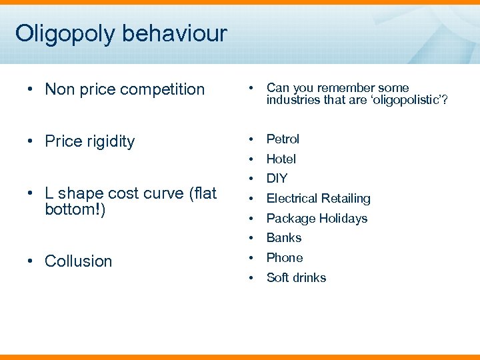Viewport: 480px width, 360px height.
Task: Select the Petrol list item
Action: (283, 139)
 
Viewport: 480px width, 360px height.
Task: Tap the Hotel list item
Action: (281, 159)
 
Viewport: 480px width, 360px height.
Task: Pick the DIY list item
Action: (277, 178)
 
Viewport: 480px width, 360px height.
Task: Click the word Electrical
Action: (291, 198)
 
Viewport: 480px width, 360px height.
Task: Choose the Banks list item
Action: (283, 237)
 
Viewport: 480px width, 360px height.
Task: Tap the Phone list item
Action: (284, 257)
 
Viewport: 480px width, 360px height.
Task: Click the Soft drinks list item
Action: (296, 277)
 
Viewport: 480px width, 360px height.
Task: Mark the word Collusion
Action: (78, 261)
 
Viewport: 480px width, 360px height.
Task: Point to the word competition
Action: (159, 89)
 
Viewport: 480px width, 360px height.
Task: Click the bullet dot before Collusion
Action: (31, 261)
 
